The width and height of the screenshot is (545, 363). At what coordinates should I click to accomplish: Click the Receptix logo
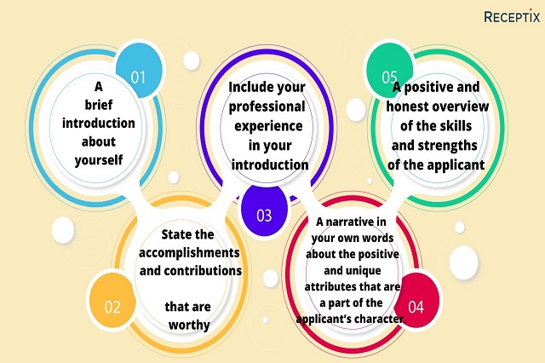pyautogui.click(x=512, y=16)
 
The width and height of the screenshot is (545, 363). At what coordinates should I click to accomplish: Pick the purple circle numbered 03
pyautogui.click(x=264, y=210)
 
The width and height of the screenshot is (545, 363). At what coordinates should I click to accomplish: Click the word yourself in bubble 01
pyautogui.click(x=99, y=160)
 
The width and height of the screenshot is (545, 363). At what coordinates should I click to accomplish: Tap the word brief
pyautogui.click(x=99, y=104)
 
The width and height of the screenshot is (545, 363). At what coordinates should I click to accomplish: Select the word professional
pyautogui.click(x=267, y=107)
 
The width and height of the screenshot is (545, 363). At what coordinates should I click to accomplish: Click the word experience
pyautogui.click(x=268, y=126)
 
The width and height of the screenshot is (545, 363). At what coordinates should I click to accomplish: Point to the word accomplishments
pyautogui.click(x=189, y=253)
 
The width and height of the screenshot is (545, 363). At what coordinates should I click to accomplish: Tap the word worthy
pyautogui.click(x=189, y=326)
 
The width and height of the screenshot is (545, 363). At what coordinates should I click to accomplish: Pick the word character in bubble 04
pyautogui.click(x=376, y=319)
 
